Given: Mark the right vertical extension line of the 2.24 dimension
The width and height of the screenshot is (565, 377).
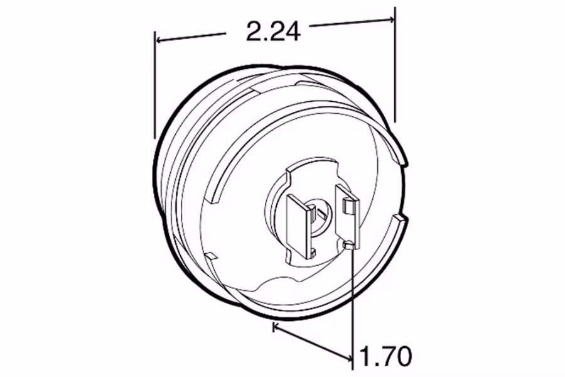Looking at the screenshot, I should pyautogui.click(x=395, y=63).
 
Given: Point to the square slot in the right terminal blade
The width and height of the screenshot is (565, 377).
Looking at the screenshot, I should pyautogui.click(x=348, y=203).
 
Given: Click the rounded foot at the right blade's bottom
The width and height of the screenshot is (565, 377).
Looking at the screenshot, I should pyautogui.click(x=350, y=244).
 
